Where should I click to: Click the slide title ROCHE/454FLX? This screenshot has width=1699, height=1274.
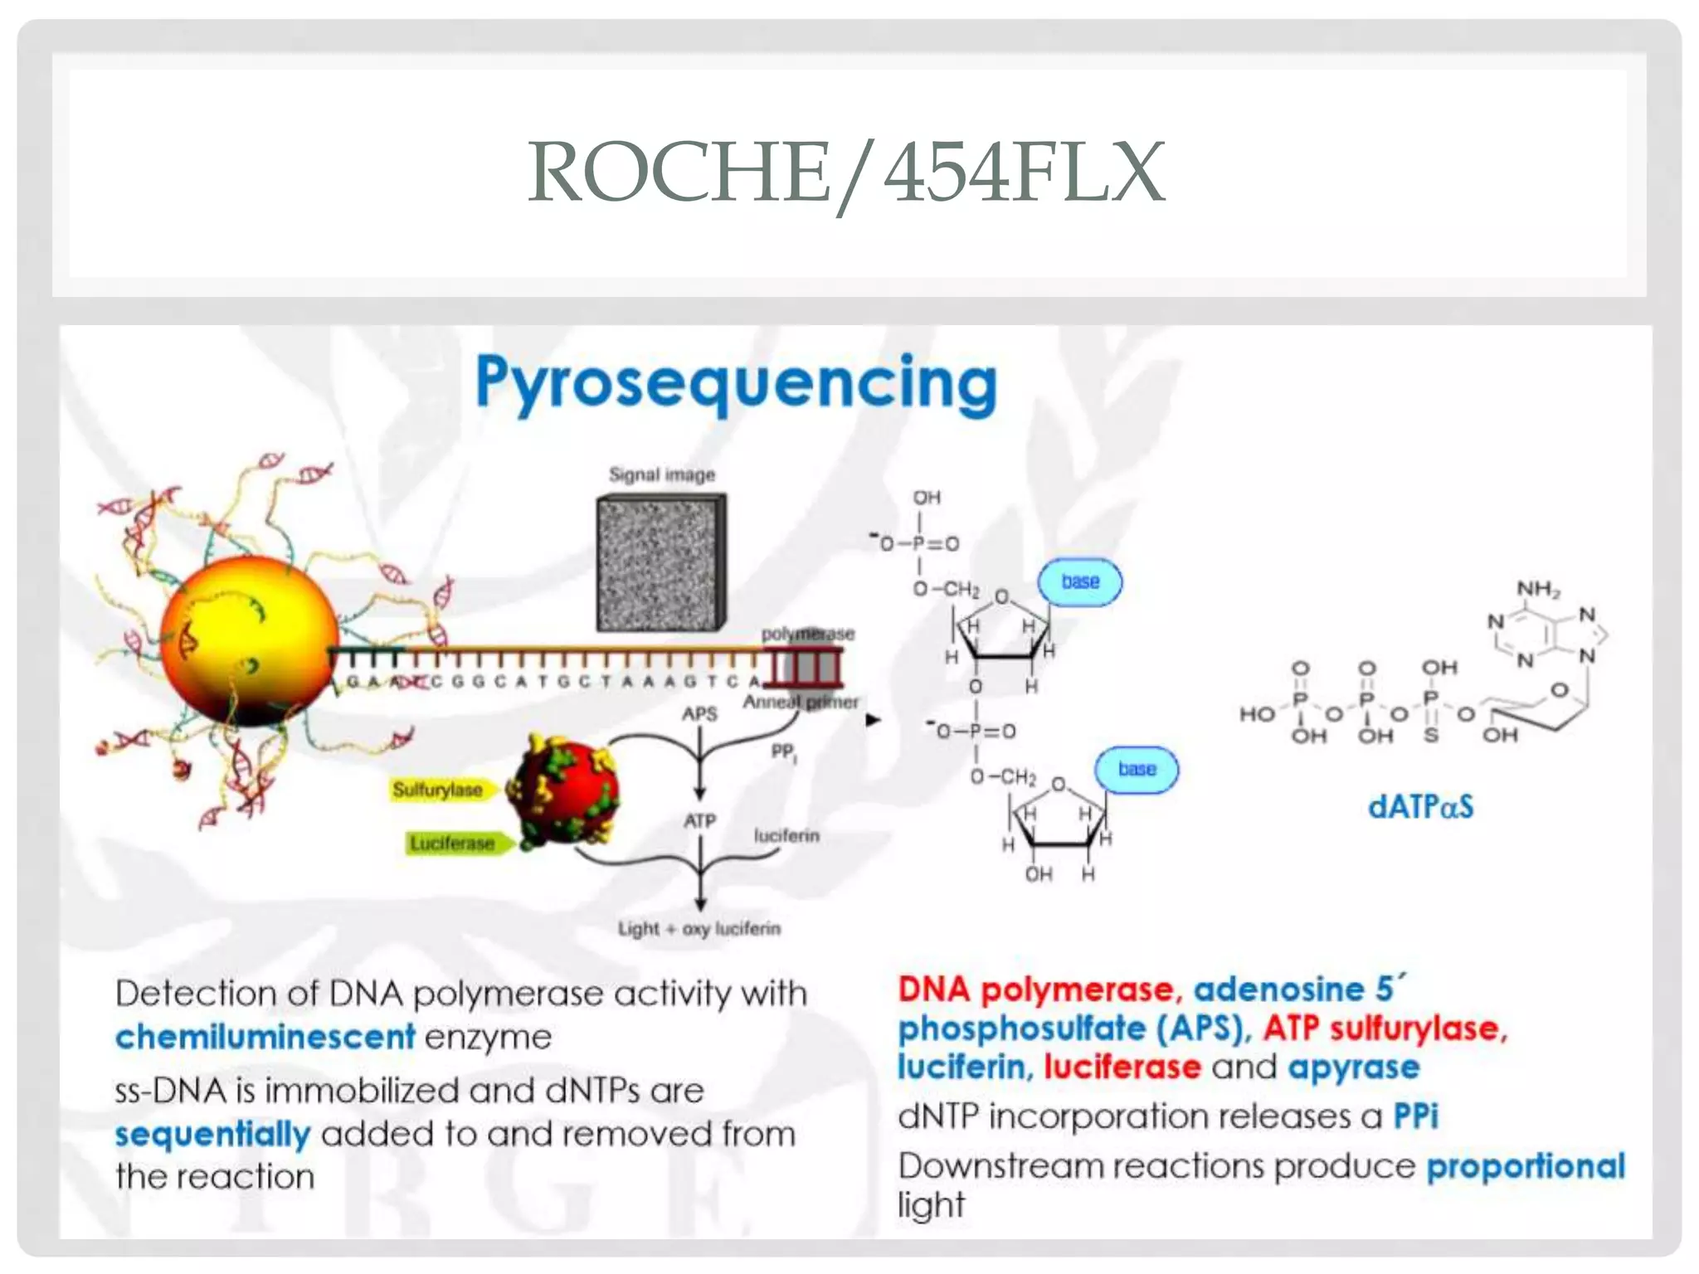pos(847,173)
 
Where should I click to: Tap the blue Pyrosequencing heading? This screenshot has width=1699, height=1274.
pos(736,384)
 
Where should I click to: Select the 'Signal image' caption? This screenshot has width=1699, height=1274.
pos(661,475)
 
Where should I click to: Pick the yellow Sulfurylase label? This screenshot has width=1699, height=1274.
pos(437,790)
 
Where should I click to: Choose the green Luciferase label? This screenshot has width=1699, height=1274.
pos(452,844)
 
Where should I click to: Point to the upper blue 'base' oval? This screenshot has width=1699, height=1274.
pos(1080,582)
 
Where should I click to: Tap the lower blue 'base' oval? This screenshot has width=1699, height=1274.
pos(1137,770)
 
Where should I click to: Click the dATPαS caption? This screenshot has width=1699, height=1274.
pos(1420,807)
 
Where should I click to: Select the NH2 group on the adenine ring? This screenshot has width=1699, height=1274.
pos(1538,589)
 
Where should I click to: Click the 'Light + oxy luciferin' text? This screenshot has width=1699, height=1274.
pos(699,929)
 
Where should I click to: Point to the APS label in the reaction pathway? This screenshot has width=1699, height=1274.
pos(699,714)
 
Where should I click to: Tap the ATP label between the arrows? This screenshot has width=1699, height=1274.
pos(699,821)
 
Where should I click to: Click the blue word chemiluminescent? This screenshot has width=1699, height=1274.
pos(265,1037)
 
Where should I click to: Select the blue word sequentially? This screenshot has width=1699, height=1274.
pos(212,1135)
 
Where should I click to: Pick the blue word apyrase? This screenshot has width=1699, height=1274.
pos(1353,1067)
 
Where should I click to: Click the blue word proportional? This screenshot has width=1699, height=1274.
pos(1525,1166)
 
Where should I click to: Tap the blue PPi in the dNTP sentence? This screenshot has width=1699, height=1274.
pos(1415,1116)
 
